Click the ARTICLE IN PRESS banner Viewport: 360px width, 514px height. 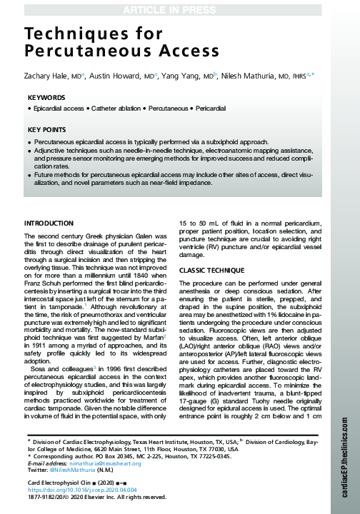click(179, 9)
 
